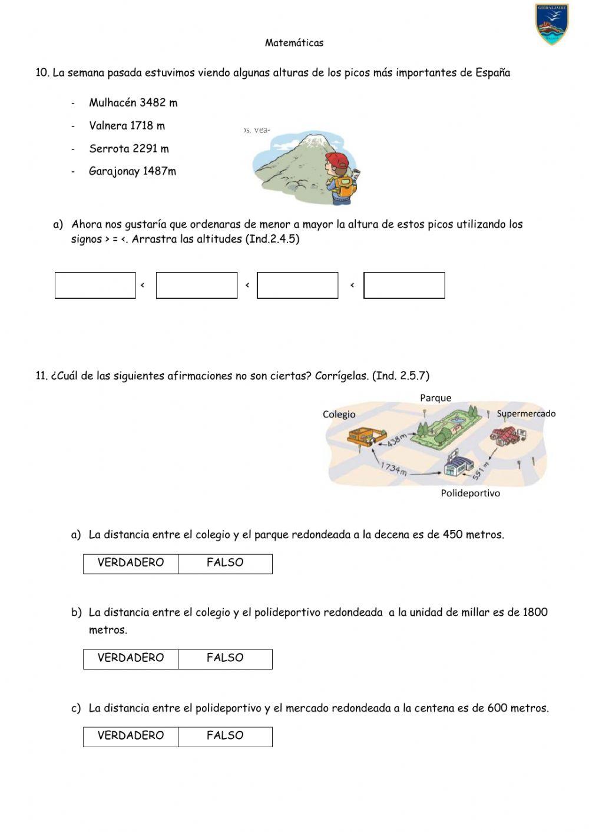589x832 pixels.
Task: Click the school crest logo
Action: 552,24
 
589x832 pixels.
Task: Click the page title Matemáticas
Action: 294,42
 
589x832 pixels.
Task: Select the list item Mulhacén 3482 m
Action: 133,102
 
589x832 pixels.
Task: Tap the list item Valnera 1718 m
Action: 127,125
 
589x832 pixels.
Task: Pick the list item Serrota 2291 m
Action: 128,148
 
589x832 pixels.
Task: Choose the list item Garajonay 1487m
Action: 132,171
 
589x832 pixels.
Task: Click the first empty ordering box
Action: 95,286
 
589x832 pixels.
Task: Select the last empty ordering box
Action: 404,286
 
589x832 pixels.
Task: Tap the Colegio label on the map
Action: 339,414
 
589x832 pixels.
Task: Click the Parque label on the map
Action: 435,398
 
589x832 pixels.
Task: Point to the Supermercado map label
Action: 526,413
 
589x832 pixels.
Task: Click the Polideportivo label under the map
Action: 470,493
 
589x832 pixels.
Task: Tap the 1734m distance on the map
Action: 393,468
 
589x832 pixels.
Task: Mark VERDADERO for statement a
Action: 131,563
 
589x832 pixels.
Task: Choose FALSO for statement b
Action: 225,658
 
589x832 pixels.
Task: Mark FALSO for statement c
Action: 225,736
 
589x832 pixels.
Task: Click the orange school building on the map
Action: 360,436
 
